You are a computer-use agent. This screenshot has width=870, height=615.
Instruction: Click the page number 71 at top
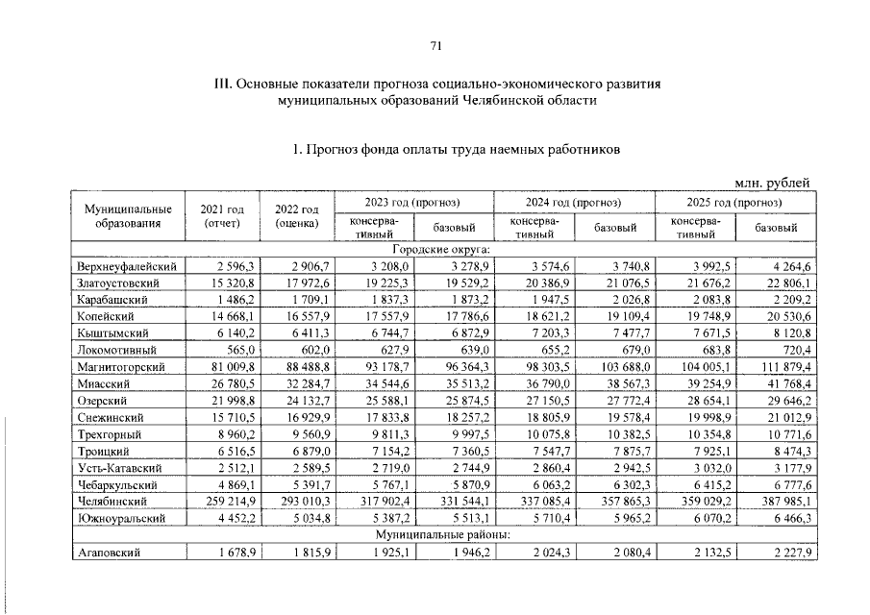coord(435,45)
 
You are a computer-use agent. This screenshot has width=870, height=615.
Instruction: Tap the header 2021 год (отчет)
coord(221,216)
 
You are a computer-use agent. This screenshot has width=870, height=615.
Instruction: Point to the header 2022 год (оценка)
coord(296,216)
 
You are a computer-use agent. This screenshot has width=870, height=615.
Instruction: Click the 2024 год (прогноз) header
coord(574,203)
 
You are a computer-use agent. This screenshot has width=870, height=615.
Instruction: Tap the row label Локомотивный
coord(114,350)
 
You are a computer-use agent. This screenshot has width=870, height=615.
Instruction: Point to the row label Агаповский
coord(108,552)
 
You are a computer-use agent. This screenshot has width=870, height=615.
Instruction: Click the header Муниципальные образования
coord(128,216)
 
